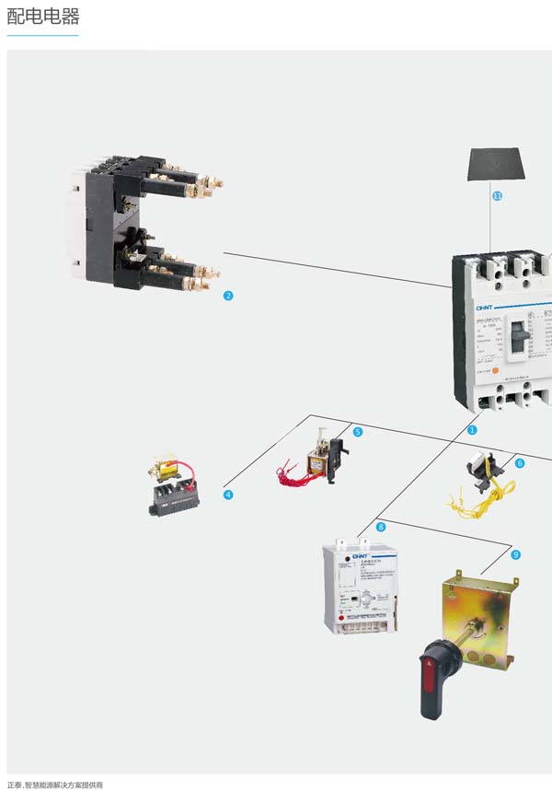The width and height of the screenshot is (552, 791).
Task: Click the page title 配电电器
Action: [x=43, y=17]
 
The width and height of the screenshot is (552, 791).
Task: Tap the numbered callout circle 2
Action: [x=228, y=296]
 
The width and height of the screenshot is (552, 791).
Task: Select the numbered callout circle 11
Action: [x=498, y=196]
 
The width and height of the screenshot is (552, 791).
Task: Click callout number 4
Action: [x=228, y=494]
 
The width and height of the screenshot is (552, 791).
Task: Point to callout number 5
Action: [x=358, y=431]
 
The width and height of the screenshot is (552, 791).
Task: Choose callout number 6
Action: [x=520, y=463]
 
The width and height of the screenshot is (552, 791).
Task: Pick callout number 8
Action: [x=381, y=527]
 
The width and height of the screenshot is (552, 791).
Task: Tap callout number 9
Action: [x=515, y=554]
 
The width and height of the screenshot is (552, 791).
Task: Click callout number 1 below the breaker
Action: [x=473, y=429]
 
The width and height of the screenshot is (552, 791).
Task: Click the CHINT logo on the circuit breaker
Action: [x=485, y=308]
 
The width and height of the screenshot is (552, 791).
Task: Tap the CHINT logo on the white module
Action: [x=360, y=556]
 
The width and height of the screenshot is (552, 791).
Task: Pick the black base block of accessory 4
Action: [x=175, y=501]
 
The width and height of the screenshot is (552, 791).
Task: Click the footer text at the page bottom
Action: [x=55, y=785]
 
